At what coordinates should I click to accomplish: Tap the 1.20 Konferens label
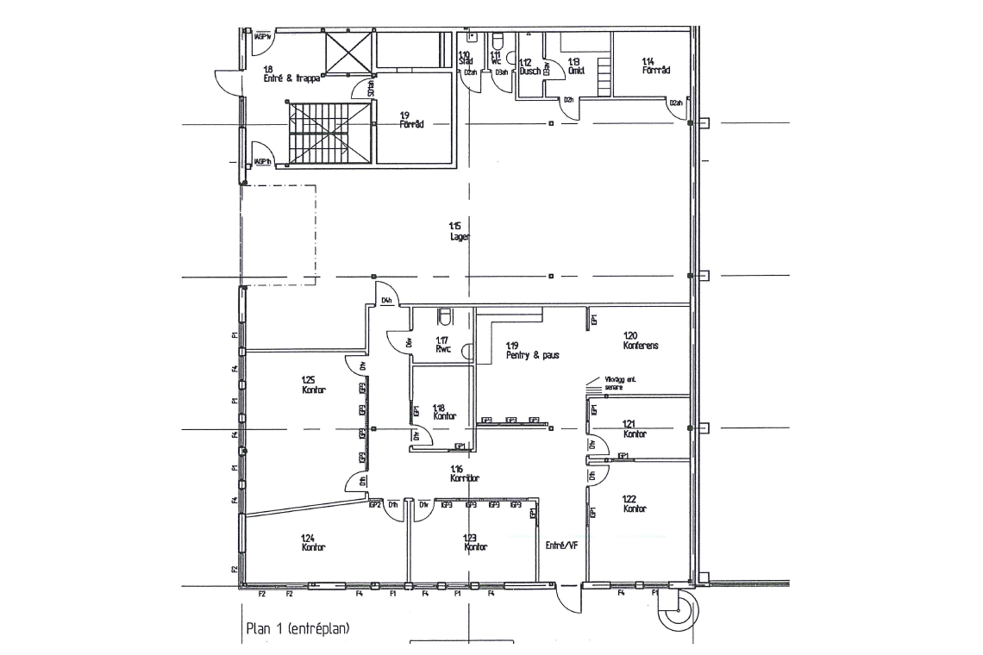[641, 340]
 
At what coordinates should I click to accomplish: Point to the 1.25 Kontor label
[313, 384]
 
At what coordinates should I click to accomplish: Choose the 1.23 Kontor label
[475, 542]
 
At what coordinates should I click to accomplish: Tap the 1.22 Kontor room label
[635, 503]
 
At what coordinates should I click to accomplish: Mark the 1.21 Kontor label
[635, 429]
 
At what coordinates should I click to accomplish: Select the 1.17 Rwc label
[443, 345]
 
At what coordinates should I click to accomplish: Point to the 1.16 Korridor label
[465, 472]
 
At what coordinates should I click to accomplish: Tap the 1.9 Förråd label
[410, 119]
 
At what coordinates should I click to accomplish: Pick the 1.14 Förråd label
[656, 65]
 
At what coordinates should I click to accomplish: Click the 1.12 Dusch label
[529, 67]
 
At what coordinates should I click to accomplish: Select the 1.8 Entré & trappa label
[291, 72]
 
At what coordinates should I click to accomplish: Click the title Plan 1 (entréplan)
[297, 628]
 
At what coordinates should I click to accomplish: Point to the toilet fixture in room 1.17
[445, 315]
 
